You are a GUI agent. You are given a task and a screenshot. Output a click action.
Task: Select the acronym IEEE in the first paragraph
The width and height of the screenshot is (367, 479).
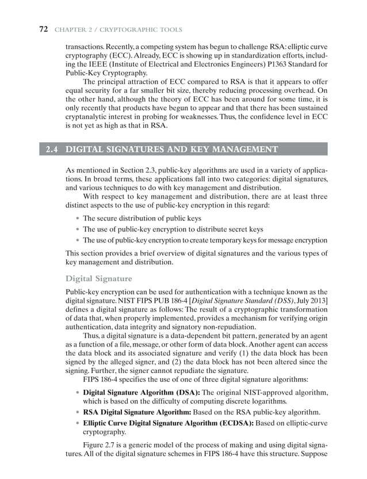94,65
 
